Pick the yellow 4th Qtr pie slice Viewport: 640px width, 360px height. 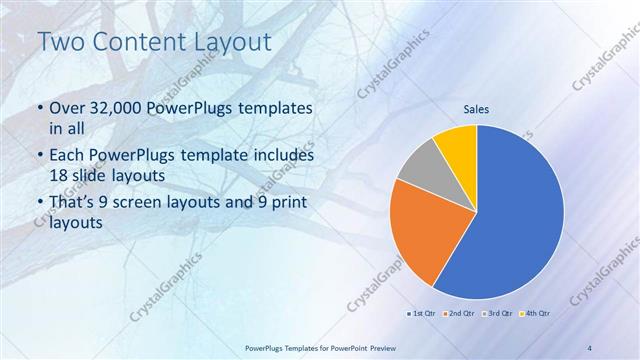click(458, 143)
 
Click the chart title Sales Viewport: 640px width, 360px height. click(475, 110)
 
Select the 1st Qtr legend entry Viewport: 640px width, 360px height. click(421, 313)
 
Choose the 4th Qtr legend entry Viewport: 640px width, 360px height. click(536, 313)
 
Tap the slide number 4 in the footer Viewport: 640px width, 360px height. click(590, 347)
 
